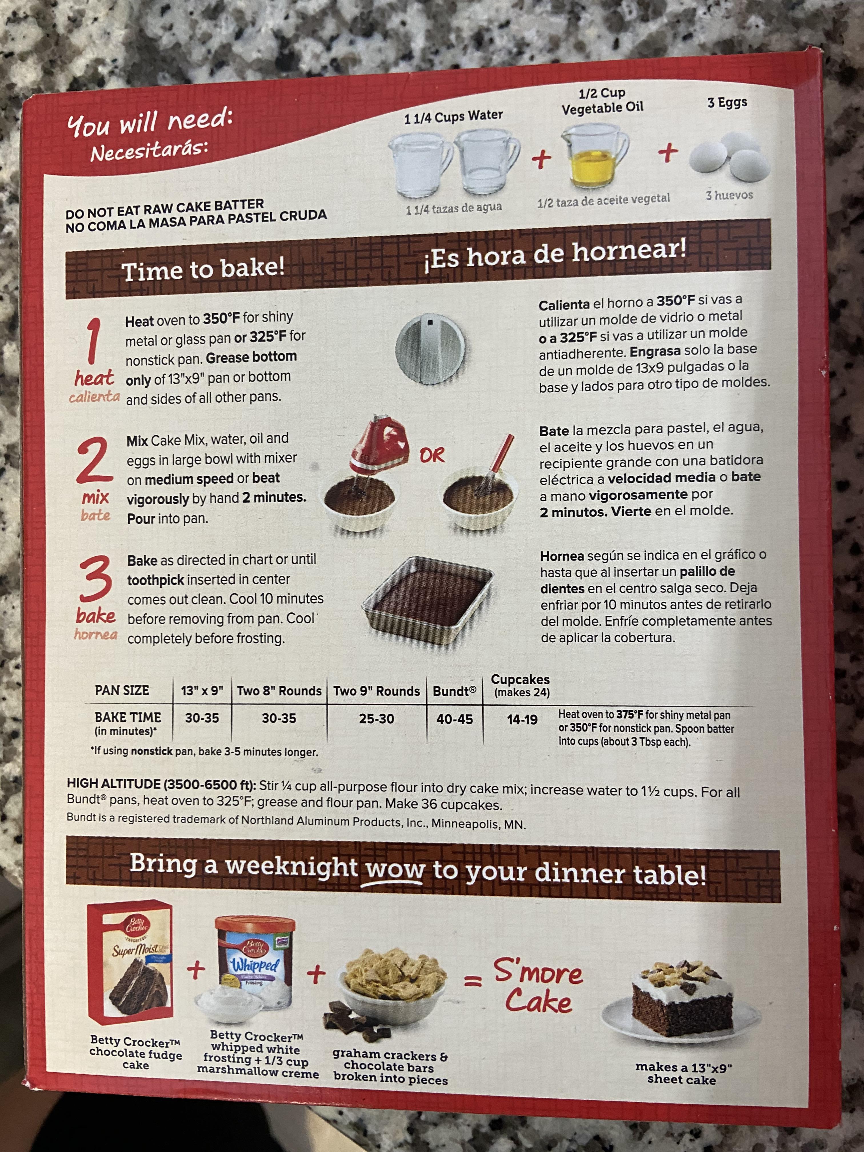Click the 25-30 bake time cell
(376, 719)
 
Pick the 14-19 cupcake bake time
(522, 720)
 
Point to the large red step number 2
(94, 460)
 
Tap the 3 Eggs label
(727, 103)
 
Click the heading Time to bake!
(203, 269)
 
